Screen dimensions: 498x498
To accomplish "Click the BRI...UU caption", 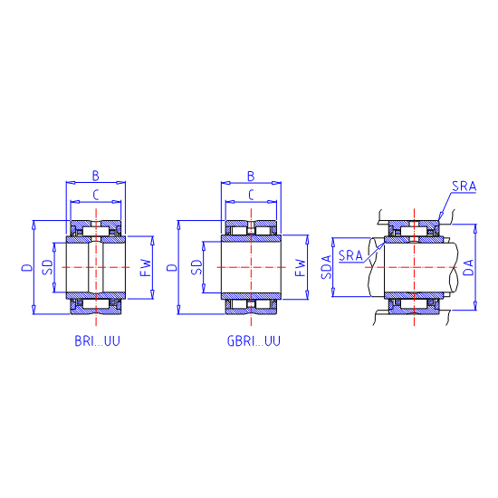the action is click(x=97, y=340).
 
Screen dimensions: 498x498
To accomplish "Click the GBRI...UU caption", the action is click(x=254, y=340).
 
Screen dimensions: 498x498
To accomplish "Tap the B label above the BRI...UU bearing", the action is click(x=96, y=176).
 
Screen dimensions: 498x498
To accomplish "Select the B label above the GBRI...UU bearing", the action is click(x=251, y=176).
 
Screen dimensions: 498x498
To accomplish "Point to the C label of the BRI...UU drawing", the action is click(x=96, y=195).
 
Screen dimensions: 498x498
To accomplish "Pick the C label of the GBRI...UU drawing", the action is click(x=251, y=195).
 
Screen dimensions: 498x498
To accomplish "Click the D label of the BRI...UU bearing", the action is click(x=27, y=267).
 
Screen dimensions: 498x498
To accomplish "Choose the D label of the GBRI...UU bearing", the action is click(x=172, y=267).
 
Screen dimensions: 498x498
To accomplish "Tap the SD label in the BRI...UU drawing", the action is click(x=47, y=267).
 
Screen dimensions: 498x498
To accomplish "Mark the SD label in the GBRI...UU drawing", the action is click(x=196, y=267).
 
